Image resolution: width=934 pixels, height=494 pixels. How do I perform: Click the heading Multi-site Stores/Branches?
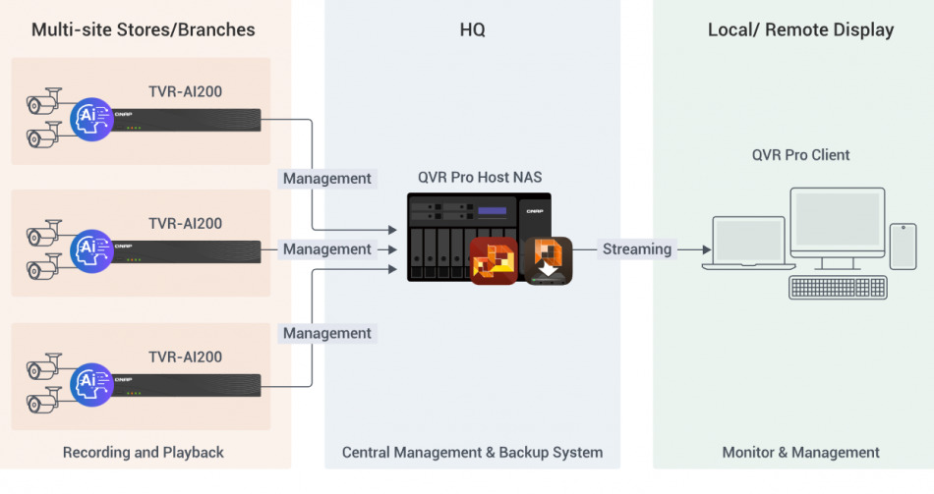(x=144, y=29)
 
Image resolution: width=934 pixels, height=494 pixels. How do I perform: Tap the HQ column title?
(x=472, y=29)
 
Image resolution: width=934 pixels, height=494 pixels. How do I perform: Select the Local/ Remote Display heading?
(x=800, y=29)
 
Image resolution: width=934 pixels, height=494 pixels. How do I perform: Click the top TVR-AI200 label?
(x=185, y=92)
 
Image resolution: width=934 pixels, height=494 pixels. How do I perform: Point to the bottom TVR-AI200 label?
(x=185, y=357)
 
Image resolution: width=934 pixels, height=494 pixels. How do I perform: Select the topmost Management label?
(x=327, y=179)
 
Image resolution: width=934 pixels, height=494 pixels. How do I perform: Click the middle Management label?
(x=327, y=249)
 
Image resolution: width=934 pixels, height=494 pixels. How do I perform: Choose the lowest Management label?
(x=327, y=334)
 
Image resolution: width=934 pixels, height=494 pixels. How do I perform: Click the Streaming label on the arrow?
(x=637, y=249)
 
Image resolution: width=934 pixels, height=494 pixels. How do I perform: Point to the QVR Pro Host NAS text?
(x=480, y=178)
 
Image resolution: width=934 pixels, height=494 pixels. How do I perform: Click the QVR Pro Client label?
(x=800, y=155)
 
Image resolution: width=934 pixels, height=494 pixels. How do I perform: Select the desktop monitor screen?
(x=837, y=220)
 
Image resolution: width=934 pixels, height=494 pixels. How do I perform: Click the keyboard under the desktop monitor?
(x=838, y=287)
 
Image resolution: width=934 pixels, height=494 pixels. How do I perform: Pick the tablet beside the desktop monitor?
(x=903, y=246)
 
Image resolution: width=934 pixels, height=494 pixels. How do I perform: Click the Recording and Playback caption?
(x=144, y=453)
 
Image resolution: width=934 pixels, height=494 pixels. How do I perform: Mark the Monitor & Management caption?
(x=800, y=453)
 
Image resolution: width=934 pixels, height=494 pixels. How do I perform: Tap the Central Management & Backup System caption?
(x=472, y=453)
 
